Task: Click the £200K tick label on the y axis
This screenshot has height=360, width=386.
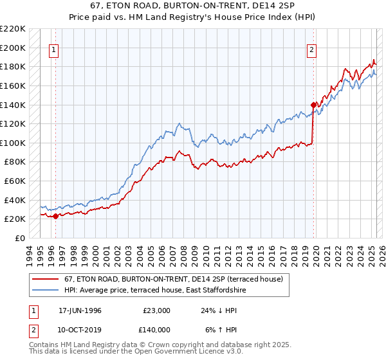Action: pyautogui.click(x=14, y=48)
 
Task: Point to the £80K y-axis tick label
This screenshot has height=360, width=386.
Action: pyautogui.click(x=16, y=162)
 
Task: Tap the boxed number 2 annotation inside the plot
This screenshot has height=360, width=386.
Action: pyautogui.click(x=311, y=51)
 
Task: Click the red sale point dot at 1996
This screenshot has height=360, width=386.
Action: pyautogui.click(x=55, y=216)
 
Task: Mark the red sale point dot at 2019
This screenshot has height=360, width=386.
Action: pyautogui.click(x=313, y=105)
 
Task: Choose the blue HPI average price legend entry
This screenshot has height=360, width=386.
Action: pyautogui.click(x=154, y=291)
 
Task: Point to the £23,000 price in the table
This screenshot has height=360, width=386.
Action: pyautogui.click(x=157, y=310)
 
